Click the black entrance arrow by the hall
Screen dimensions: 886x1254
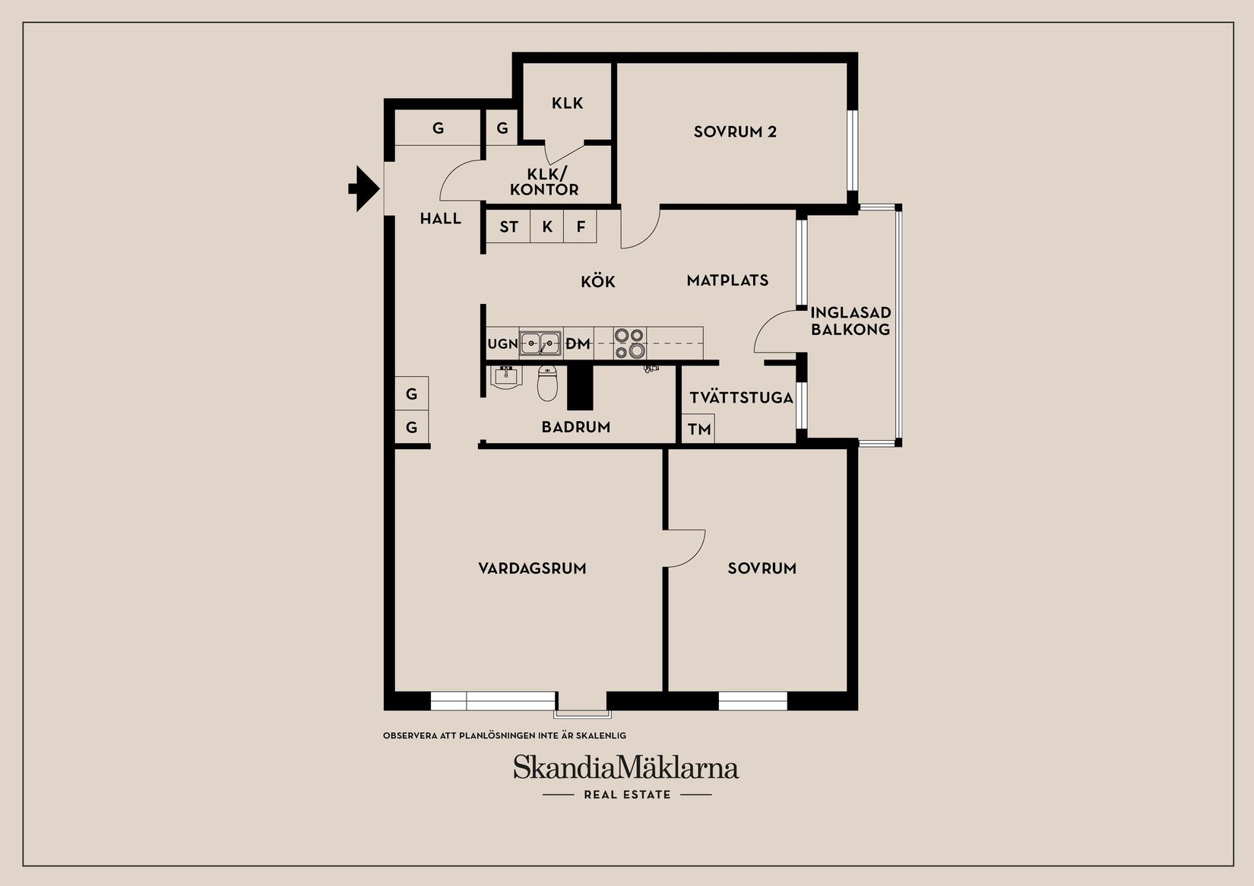[364, 188]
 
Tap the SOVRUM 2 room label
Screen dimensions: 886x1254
[735, 132]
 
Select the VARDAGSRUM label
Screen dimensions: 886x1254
[532, 568]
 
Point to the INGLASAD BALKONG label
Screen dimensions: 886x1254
[850, 321]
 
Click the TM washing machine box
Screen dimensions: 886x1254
[699, 429]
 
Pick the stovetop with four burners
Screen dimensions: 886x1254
[630, 343]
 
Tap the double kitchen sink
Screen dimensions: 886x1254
[540, 343]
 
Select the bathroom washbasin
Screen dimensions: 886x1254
[505, 376]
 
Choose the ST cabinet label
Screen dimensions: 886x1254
[508, 227]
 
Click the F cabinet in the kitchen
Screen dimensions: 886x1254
[581, 227]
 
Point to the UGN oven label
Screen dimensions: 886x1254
[502, 344]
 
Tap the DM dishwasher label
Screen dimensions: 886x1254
[578, 344]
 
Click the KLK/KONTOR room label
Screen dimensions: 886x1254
[544, 182]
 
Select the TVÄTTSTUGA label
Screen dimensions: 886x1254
[741, 397]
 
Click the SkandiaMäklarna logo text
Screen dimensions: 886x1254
[625, 767]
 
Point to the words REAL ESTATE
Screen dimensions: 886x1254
[627, 795]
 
